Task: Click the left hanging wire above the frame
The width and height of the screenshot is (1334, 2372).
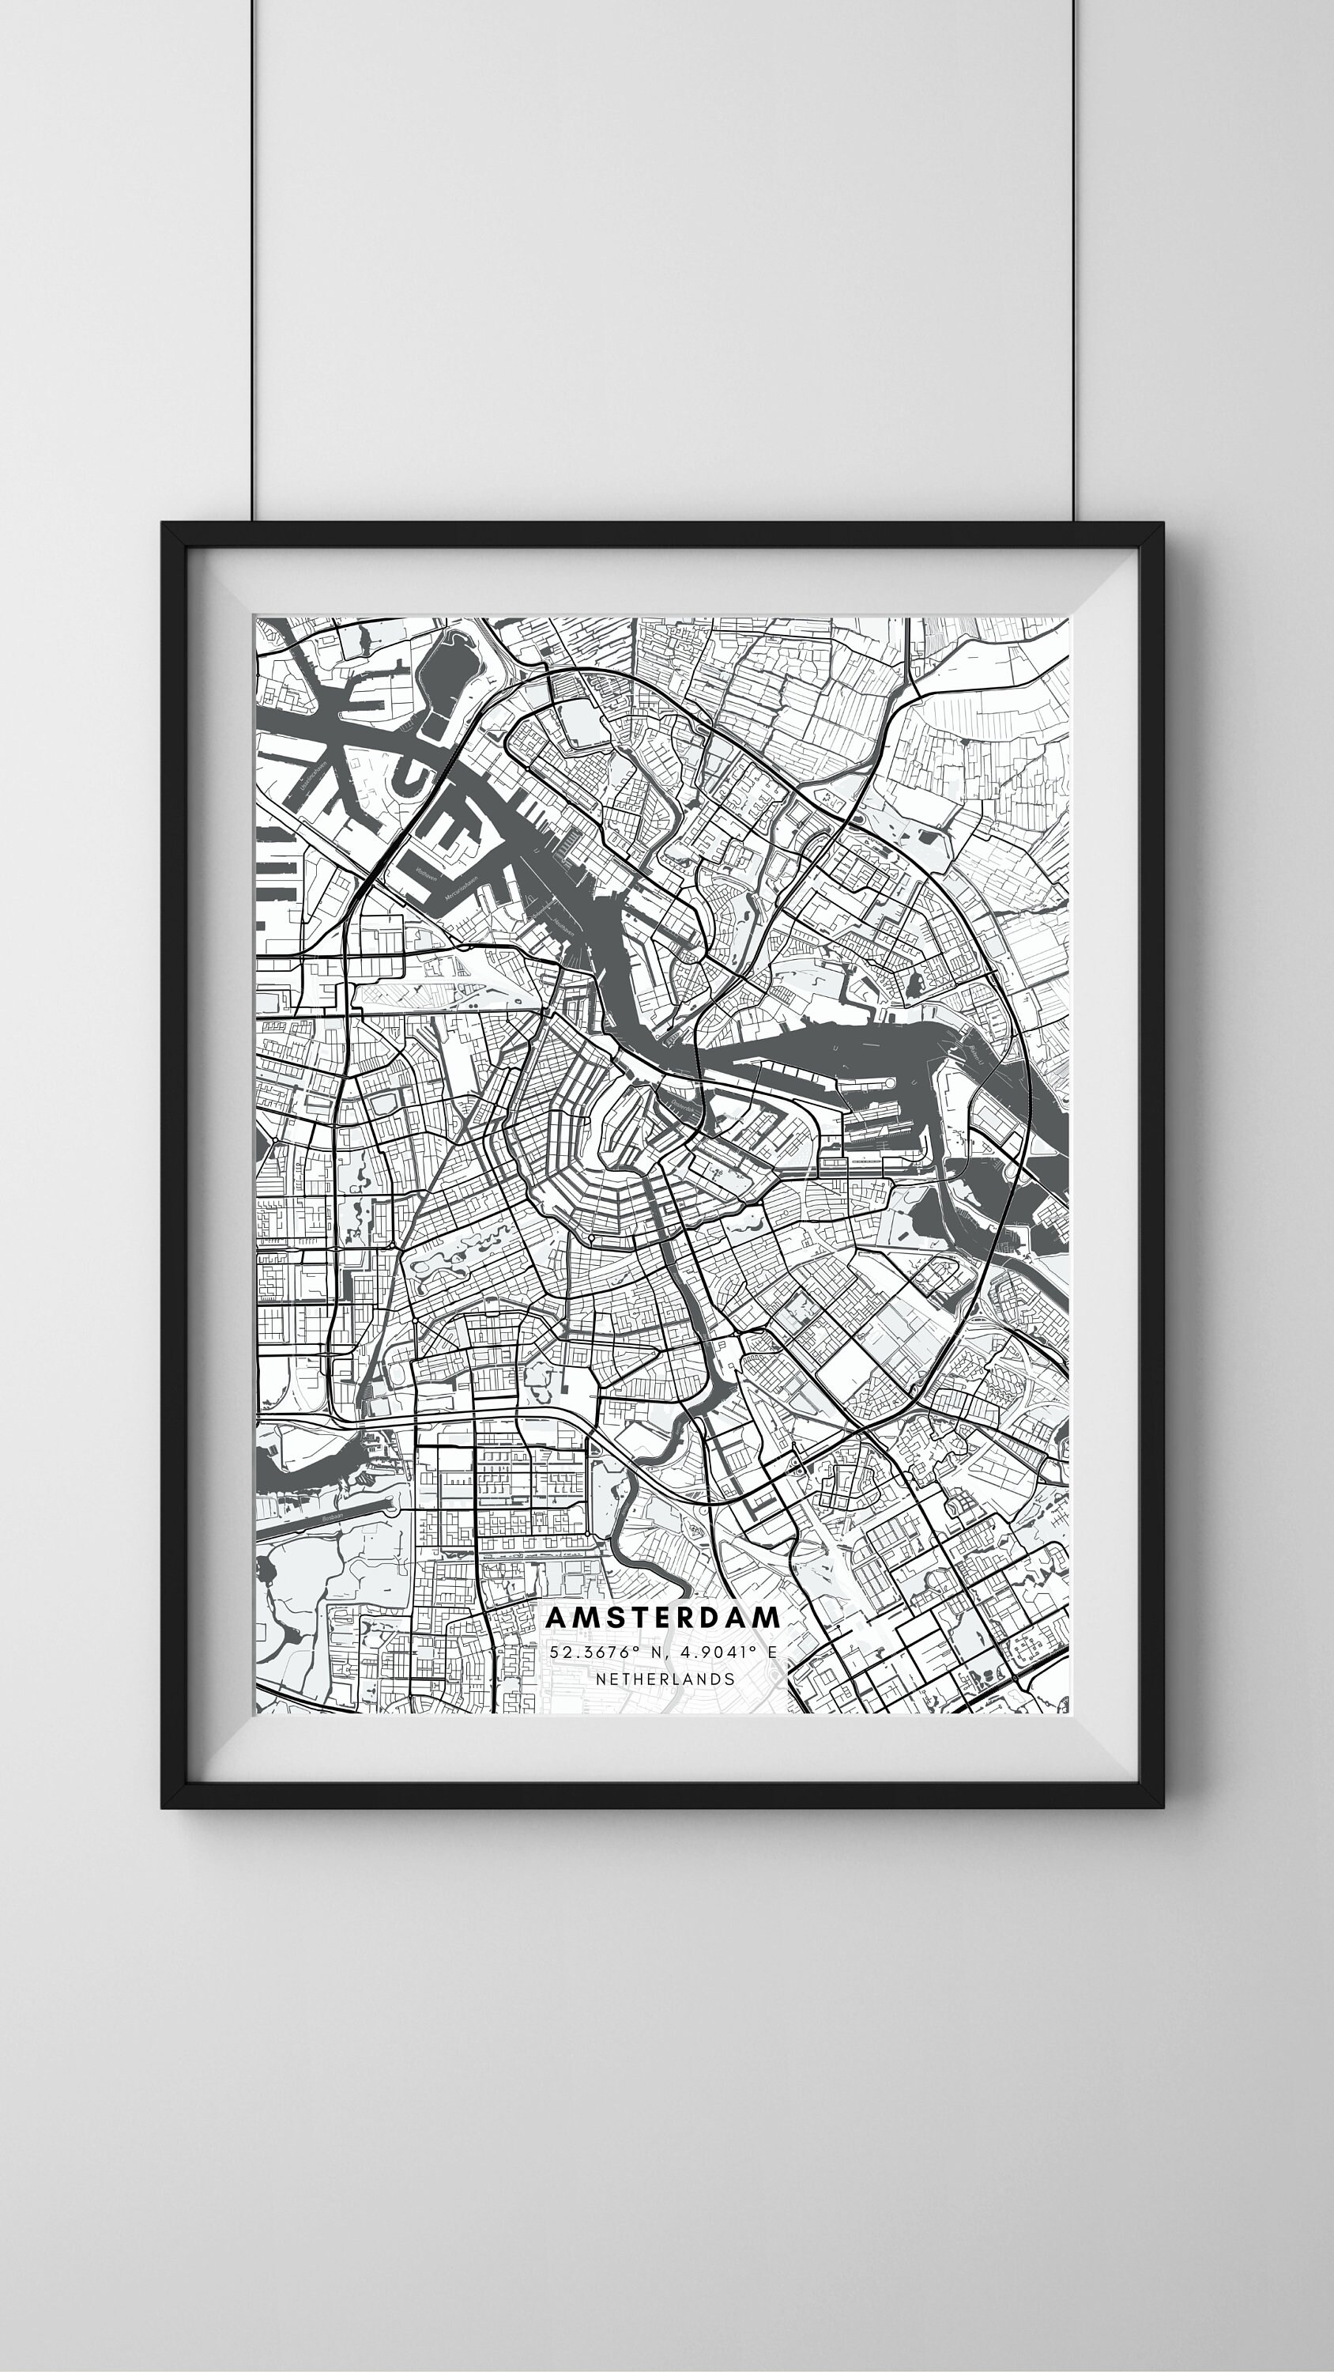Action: point(253,258)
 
